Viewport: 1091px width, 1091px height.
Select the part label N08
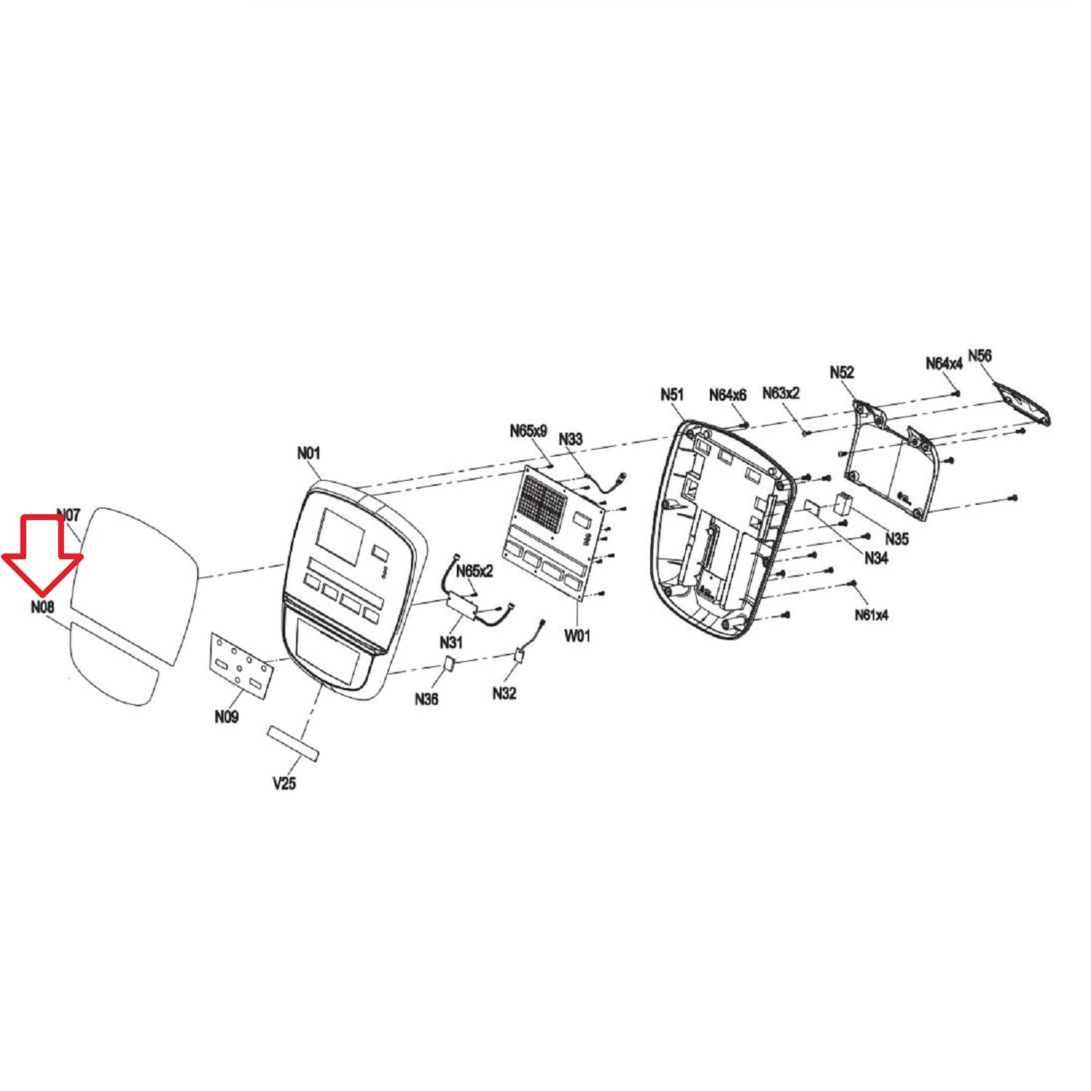click(43, 607)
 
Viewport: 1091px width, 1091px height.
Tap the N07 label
click(68, 515)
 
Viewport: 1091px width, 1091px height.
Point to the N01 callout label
click(308, 453)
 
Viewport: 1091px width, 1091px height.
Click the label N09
click(226, 716)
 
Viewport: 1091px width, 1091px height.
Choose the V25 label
click(284, 783)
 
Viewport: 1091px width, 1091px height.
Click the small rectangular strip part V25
click(295, 742)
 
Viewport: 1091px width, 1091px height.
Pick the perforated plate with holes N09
click(242, 664)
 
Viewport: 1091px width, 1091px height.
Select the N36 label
click(427, 699)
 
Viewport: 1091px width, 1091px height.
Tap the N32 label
click(504, 693)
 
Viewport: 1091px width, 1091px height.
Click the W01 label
click(578, 636)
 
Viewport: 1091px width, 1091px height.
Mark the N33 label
click(571, 439)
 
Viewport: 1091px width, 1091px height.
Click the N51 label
click(672, 394)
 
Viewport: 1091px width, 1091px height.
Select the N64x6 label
click(728, 395)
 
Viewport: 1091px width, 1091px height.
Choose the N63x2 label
click(781, 393)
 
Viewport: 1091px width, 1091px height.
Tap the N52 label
click(842, 372)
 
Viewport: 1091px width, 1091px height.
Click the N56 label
click(980, 356)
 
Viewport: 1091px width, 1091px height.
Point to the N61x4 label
click(871, 615)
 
